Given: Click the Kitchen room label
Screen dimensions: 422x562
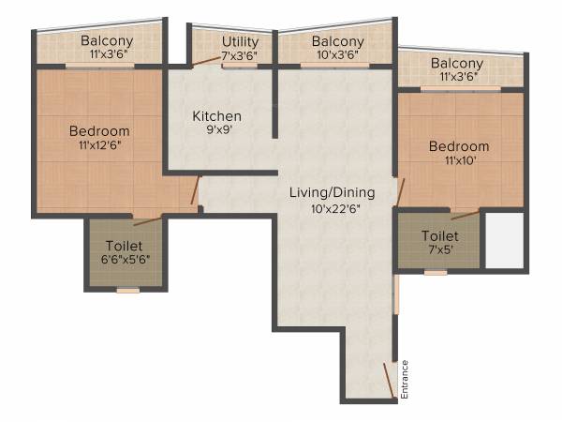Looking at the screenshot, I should click(216, 116).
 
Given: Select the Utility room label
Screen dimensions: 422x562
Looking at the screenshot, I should click(241, 42).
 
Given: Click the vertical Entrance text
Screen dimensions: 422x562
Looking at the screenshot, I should click(405, 380).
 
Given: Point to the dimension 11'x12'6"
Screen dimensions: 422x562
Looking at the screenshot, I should click(98, 145).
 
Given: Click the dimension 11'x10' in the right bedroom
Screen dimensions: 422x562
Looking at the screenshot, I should click(459, 160).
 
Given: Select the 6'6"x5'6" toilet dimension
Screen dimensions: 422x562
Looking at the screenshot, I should click(126, 259).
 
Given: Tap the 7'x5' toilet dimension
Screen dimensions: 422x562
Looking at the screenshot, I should click(439, 250).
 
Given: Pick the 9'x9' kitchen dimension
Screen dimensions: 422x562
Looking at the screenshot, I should click(216, 131).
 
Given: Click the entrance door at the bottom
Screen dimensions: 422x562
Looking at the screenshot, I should click(388, 379).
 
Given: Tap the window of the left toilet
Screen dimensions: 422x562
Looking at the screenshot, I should click(127, 291).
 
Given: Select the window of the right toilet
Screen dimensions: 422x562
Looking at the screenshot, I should click(435, 273).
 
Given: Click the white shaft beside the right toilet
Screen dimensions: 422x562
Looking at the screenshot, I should click(503, 240).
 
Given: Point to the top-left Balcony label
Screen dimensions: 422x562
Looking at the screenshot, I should click(106, 40).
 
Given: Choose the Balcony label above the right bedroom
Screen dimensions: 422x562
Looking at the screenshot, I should click(457, 63).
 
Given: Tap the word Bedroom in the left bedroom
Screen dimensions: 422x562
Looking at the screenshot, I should click(98, 130).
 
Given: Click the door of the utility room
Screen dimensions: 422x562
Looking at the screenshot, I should click(205, 61).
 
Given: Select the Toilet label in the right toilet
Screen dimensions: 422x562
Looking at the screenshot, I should click(439, 236).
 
